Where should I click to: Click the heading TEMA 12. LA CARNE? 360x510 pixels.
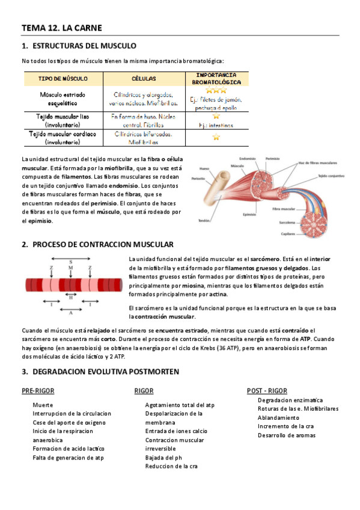[x=62, y=28]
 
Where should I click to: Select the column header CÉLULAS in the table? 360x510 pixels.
[x=144, y=79]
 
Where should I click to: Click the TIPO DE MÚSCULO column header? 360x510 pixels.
[x=63, y=79]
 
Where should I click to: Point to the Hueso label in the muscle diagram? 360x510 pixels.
[x=204, y=168]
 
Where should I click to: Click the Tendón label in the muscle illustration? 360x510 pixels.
[x=205, y=221]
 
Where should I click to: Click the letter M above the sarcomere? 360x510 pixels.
[x=71, y=267]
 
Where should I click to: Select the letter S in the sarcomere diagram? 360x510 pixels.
[x=71, y=261]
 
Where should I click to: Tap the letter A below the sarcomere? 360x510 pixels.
[x=71, y=313]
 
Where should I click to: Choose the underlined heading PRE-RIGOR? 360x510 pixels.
[x=38, y=391]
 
